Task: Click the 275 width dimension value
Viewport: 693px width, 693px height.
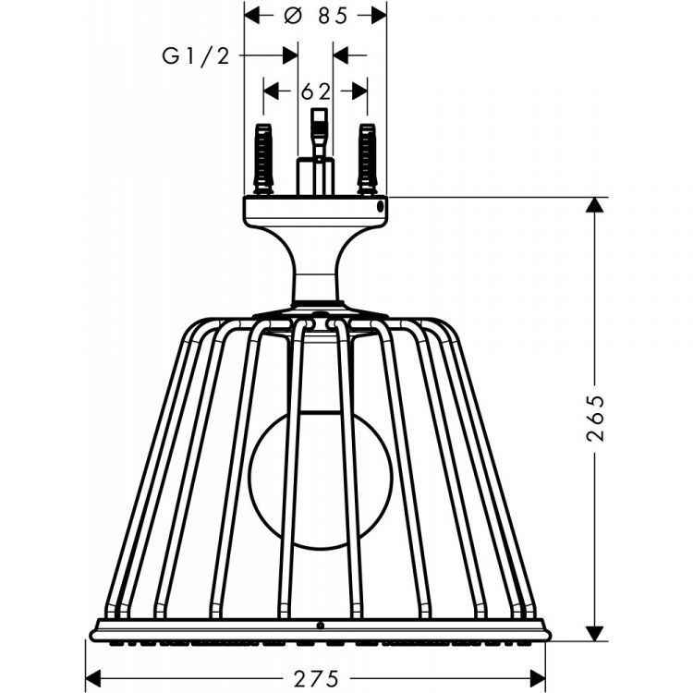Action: click(x=316, y=678)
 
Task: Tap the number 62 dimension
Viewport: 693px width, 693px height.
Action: click(x=316, y=91)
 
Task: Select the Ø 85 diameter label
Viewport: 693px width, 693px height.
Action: click(x=316, y=17)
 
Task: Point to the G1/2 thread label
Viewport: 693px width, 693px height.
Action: click(x=196, y=56)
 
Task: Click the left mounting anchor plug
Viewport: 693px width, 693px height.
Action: click(x=263, y=160)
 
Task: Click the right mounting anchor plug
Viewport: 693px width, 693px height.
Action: click(x=367, y=160)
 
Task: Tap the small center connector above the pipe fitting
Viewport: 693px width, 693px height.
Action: click(x=319, y=132)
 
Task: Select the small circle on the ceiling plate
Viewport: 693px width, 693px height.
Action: click(x=380, y=206)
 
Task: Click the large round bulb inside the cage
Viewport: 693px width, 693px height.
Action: click(x=321, y=480)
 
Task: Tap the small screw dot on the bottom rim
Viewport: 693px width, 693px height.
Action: click(x=321, y=626)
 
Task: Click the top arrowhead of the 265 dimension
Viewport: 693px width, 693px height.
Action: click(x=595, y=205)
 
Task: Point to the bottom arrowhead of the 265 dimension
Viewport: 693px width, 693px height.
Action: click(x=595, y=633)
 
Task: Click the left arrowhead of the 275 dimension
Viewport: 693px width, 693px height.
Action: click(x=93, y=678)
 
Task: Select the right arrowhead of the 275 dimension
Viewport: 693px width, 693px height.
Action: click(x=538, y=678)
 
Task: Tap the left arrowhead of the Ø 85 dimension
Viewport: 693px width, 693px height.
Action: click(x=252, y=17)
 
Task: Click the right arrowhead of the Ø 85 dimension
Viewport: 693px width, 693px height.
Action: click(x=379, y=17)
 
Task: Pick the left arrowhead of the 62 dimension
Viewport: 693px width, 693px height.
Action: click(x=271, y=91)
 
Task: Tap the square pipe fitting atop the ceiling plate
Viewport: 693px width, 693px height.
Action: click(x=315, y=176)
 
